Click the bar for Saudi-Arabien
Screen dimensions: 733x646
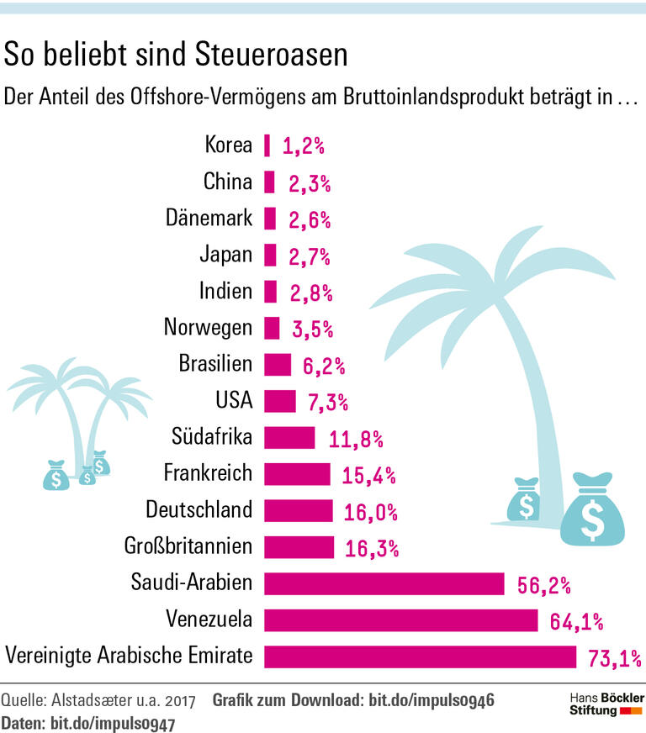[x=384, y=583]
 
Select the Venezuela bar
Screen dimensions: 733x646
[x=400, y=620]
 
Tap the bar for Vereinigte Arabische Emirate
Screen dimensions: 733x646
[x=420, y=657]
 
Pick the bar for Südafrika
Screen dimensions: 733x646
[x=289, y=437]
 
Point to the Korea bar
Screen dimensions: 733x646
[x=267, y=145]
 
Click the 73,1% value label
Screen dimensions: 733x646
[x=612, y=658]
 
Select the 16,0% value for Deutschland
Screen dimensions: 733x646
[x=370, y=512]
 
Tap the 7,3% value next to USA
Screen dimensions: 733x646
[x=328, y=403]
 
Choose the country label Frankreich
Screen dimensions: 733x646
[x=207, y=473]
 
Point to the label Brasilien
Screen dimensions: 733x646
[x=214, y=364]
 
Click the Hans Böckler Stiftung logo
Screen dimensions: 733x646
[x=602, y=704]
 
